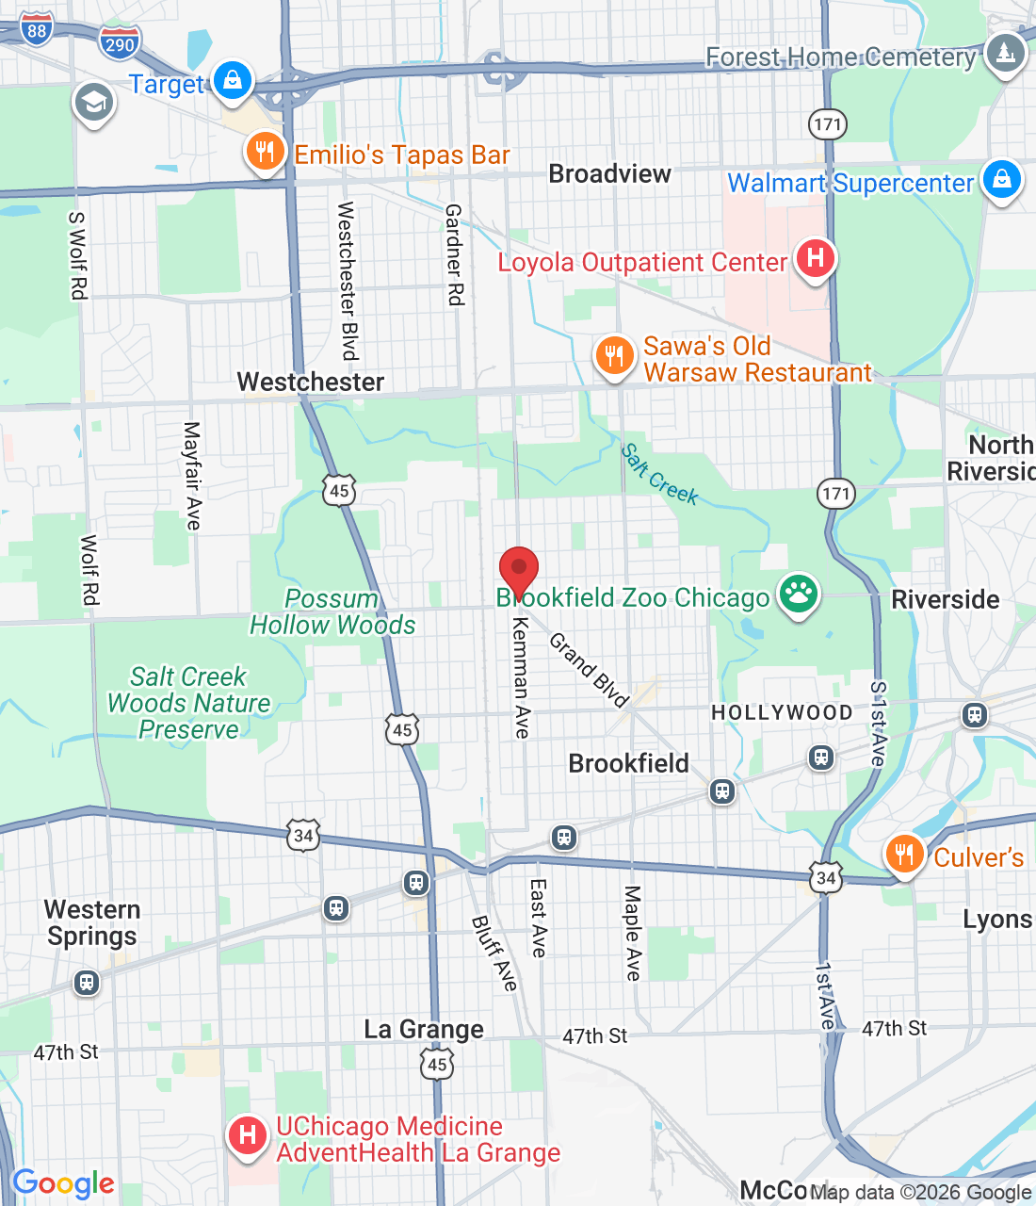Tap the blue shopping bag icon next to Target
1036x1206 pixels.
point(233,80)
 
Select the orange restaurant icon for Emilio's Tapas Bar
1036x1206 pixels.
point(265,152)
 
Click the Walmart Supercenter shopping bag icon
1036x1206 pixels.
point(1001,178)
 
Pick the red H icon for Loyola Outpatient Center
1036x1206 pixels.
point(815,258)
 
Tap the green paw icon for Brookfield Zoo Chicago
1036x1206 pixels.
point(798,595)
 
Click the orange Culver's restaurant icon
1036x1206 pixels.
point(903,854)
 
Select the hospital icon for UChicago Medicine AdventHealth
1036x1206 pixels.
point(248,1135)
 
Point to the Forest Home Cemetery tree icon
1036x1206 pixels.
point(1005,53)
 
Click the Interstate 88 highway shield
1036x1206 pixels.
point(37,30)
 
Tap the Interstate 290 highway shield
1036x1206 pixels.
point(120,44)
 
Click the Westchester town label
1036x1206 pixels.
point(310,382)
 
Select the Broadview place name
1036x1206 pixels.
point(609,174)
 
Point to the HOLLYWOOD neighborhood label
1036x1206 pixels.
point(782,712)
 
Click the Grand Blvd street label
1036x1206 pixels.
point(589,670)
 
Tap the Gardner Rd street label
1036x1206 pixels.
point(455,254)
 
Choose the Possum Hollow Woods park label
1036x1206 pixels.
point(332,611)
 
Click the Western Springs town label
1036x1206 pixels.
point(92,922)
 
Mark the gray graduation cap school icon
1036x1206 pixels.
point(93,103)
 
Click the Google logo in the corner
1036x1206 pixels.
point(63,1183)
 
